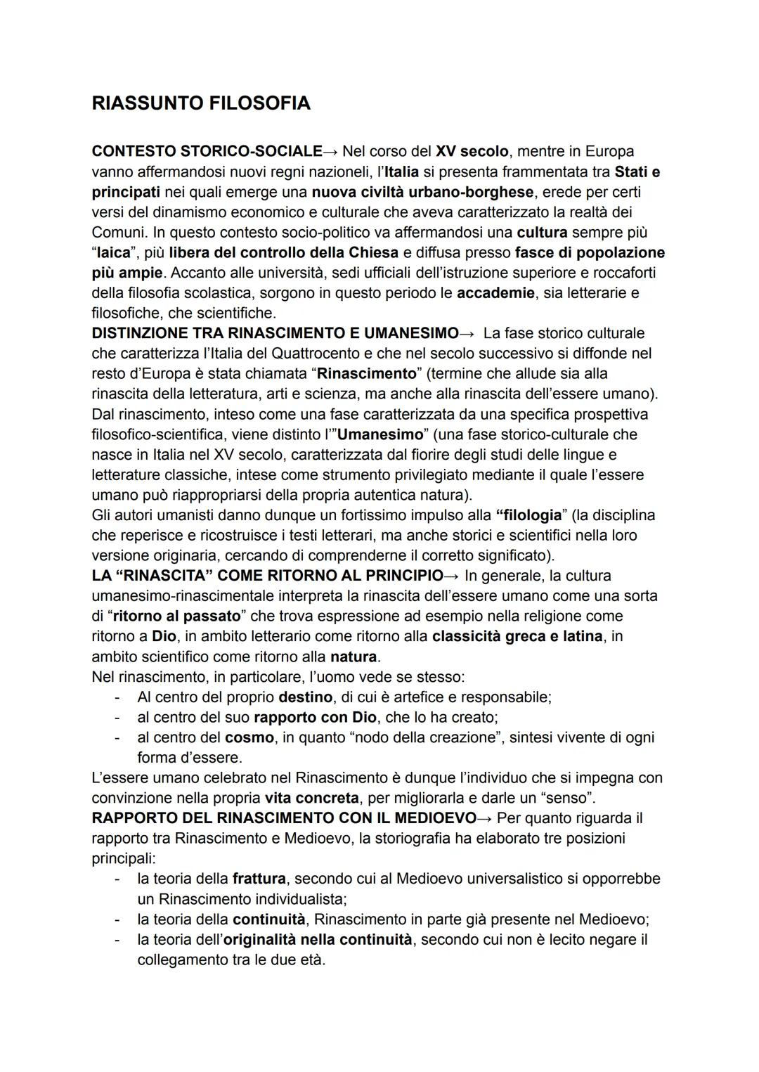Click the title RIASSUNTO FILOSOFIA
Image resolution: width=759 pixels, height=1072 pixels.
point(201,103)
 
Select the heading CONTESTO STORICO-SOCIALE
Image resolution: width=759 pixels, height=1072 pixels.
point(207,151)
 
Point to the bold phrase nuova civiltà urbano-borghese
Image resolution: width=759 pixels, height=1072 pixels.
point(422,192)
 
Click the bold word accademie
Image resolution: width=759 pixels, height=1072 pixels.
point(495,292)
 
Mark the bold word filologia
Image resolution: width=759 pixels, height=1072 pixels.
point(533,515)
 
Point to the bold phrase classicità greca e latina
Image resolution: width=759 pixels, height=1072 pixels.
point(517,636)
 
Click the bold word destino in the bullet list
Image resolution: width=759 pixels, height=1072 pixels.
point(305,697)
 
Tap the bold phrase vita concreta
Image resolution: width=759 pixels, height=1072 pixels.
point(311,799)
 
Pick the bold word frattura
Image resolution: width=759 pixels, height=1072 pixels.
point(259,879)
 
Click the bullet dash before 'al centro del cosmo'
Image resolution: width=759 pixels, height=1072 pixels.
point(119,737)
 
